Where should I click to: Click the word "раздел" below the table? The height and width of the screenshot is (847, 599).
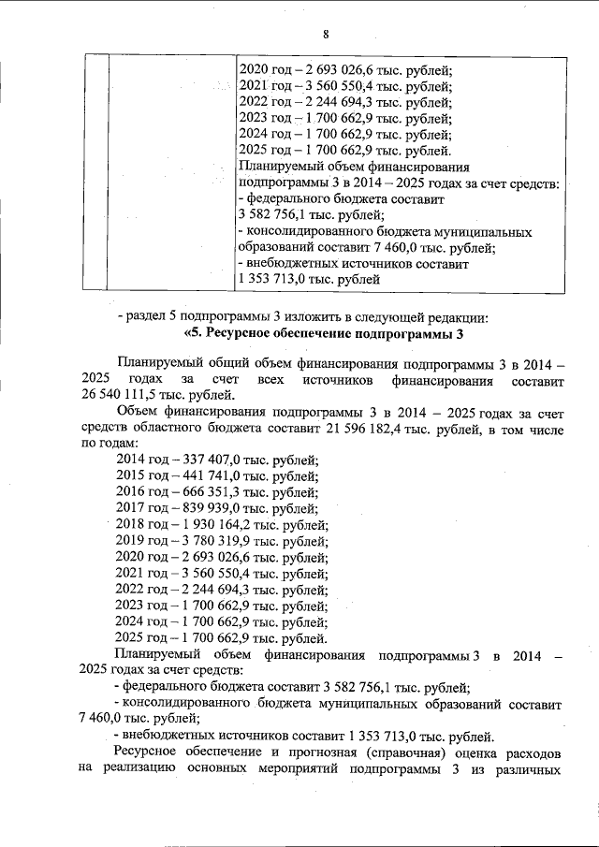click(148, 317)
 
